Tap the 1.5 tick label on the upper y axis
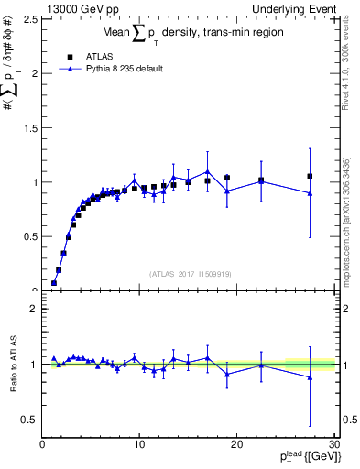coord(29,127)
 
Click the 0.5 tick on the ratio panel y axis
coord(29,420)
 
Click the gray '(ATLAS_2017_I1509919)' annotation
coord(190,273)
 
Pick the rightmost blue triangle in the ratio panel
coord(310,377)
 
